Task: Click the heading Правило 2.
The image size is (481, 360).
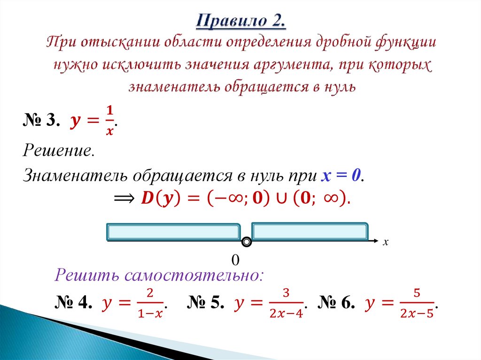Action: tap(240, 21)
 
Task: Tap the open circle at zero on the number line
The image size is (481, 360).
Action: tap(246, 242)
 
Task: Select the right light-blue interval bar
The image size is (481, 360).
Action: tap(310, 232)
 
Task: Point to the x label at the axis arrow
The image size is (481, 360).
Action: tap(386, 242)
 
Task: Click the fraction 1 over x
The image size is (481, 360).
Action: tap(109, 121)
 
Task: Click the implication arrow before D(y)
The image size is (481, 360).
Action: tap(124, 199)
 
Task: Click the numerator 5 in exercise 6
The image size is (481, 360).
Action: tap(416, 294)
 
